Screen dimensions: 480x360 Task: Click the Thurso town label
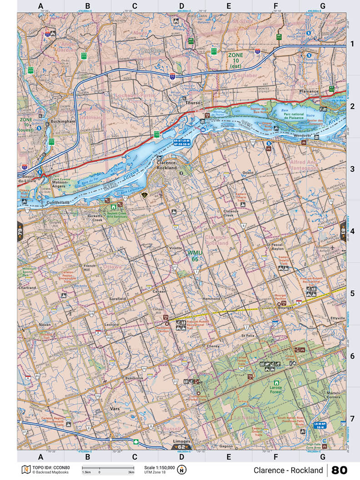click(193, 103)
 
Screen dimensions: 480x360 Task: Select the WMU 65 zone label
click(194, 255)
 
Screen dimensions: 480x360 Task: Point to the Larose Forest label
click(275, 390)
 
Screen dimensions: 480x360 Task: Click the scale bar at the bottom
click(108, 468)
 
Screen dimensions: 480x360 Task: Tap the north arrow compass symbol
click(183, 470)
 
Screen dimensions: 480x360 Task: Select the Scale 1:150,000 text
click(159, 467)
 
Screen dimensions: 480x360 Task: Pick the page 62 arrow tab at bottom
click(181, 447)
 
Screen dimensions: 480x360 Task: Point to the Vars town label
click(115, 409)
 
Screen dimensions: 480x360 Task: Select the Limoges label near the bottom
click(182, 441)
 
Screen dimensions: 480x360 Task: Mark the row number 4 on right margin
click(352, 230)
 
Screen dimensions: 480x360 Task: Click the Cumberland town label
click(44, 202)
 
